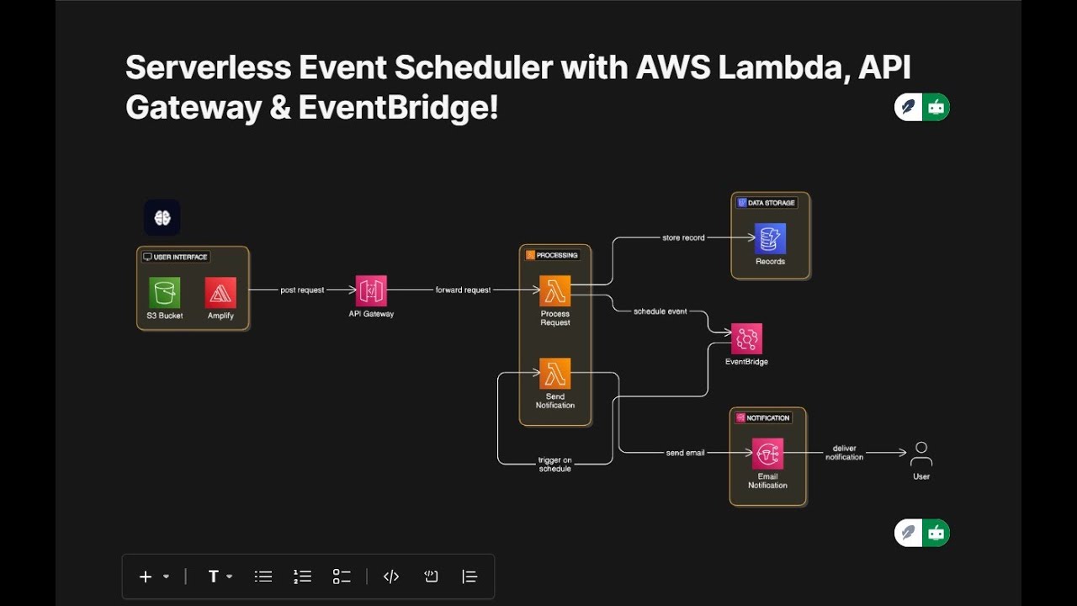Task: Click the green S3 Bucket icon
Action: point(165,293)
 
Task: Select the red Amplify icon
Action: point(220,293)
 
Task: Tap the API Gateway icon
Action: point(371,290)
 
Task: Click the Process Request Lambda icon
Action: point(555,291)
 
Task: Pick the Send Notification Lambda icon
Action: point(555,374)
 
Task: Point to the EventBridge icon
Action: point(746,339)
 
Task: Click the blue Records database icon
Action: point(770,238)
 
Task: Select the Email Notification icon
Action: point(767,454)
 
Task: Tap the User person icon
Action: point(921,454)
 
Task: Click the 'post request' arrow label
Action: point(302,290)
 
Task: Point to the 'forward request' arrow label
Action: point(463,290)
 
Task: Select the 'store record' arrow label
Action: point(683,238)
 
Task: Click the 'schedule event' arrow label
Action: point(661,311)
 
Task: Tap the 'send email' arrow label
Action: point(685,453)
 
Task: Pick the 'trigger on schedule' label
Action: point(554,465)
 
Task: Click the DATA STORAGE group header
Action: point(767,203)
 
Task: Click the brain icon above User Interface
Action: point(162,218)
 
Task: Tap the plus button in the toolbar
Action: point(146,577)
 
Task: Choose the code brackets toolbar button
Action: point(391,577)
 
